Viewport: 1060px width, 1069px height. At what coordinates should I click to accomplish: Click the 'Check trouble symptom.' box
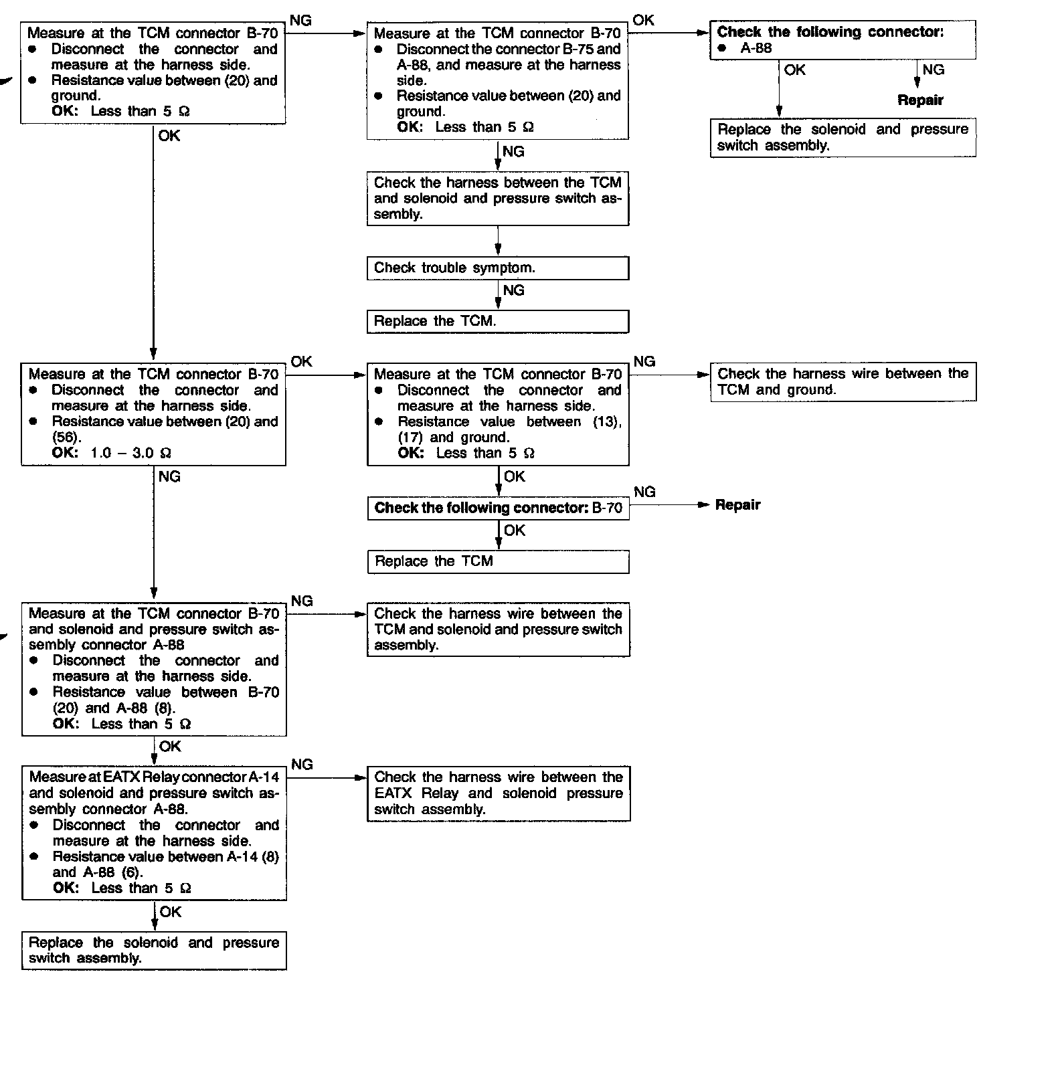pyautogui.click(x=497, y=268)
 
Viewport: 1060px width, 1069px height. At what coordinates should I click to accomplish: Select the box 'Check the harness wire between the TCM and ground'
pyautogui.click(x=843, y=382)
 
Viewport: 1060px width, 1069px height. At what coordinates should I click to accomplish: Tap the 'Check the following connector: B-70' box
pyautogui.click(x=498, y=508)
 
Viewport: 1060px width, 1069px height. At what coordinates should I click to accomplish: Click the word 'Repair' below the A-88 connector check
pyautogui.click(x=920, y=100)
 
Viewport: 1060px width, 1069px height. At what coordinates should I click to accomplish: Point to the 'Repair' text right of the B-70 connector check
pyautogui.click(x=737, y=505)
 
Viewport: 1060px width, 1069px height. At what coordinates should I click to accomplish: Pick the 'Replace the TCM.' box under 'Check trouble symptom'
pyautogui.click(x=497, y=321)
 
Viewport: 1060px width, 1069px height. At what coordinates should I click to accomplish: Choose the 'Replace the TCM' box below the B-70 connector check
pyautogui.click(x=498, y=562)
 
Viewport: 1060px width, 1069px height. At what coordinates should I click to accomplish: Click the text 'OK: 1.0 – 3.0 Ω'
pyautogui.click(x=111, y=453)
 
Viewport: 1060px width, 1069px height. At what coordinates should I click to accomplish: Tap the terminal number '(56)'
pyautogui.click(x=66, y=438)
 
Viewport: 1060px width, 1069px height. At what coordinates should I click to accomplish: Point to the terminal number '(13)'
pyautogui.click(x=606, y=422)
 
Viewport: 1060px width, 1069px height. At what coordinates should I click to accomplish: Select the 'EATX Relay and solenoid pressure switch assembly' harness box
pyautogui.click(x=498, y=793)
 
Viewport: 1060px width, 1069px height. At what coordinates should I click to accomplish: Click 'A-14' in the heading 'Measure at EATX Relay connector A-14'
pyautogui.click(x=264, y=777)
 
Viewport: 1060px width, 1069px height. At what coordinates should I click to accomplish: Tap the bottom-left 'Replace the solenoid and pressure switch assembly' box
pyautogui.click(x=154, y=951)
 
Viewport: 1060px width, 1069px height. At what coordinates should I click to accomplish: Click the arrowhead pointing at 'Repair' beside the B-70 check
pyautogui.click(x=703, y=505)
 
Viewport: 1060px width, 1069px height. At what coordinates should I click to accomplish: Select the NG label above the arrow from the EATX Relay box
pyautogui.click(x=302, y=765)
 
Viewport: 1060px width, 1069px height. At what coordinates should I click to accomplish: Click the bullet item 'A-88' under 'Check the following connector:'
pyautogui.click(x=756, y=48)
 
